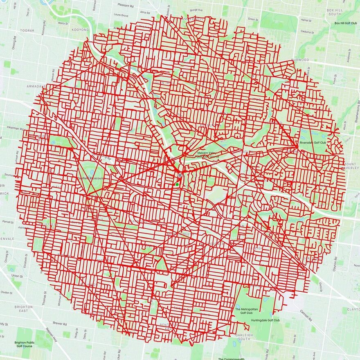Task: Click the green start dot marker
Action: click(x=177, y=184)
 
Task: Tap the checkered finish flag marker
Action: click(x=179, y=175)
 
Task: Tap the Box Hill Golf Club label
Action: click(x=346, y=23)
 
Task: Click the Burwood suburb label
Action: click(x=300, y=60)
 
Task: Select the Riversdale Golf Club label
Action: click(x=313, y=143)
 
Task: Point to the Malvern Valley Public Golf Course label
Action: click(x=208, y=155)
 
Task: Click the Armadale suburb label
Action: click(x=35, y=86)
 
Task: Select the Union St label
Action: click(x=17, y=276)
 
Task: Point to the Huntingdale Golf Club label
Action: click(x=265, y=320)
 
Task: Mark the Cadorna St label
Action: click(x=306, y=31)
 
